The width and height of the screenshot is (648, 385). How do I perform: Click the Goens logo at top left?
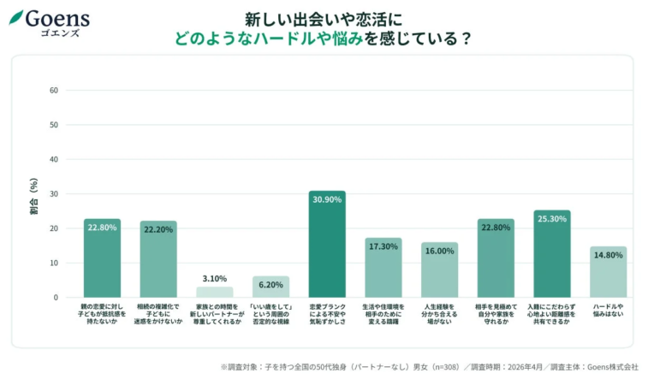click(x=49, y=21)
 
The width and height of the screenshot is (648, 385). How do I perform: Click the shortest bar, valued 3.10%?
click(x=214, y=292)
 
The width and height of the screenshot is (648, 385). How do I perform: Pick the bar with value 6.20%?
click(x=270, y=287)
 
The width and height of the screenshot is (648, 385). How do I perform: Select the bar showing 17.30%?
click(x=383, y=268)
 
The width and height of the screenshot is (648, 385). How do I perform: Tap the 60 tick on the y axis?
click(x=53, y=90)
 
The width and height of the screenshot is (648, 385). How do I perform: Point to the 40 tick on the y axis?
click(x=53, y=159)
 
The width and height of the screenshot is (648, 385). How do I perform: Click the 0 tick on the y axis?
click(x=56, y=298)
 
